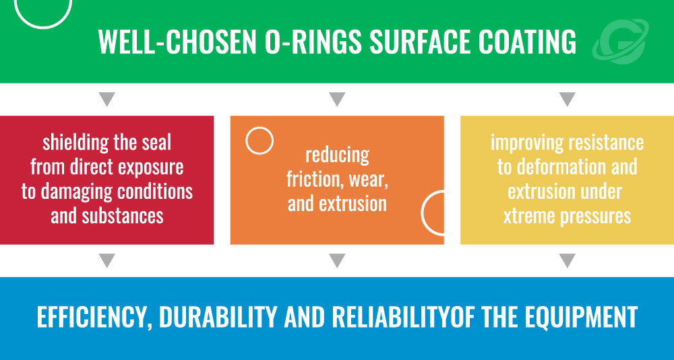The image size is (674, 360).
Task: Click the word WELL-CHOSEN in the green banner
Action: pos(177,42)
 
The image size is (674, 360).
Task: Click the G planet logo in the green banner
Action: pos(620,41)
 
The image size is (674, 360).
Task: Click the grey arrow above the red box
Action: pos(106,99)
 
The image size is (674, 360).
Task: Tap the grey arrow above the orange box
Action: pos(337,99)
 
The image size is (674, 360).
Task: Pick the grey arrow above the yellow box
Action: pos(568,99)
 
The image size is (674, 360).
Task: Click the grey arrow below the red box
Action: pos(106,261)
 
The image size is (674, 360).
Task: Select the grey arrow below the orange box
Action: pos(337,261)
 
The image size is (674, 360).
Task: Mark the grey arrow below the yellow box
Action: pos(568,261)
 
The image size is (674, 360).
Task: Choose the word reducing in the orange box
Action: pos(337,156)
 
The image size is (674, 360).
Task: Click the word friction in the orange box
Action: pos(315,179)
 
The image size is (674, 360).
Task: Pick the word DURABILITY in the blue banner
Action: pos(218,317)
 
